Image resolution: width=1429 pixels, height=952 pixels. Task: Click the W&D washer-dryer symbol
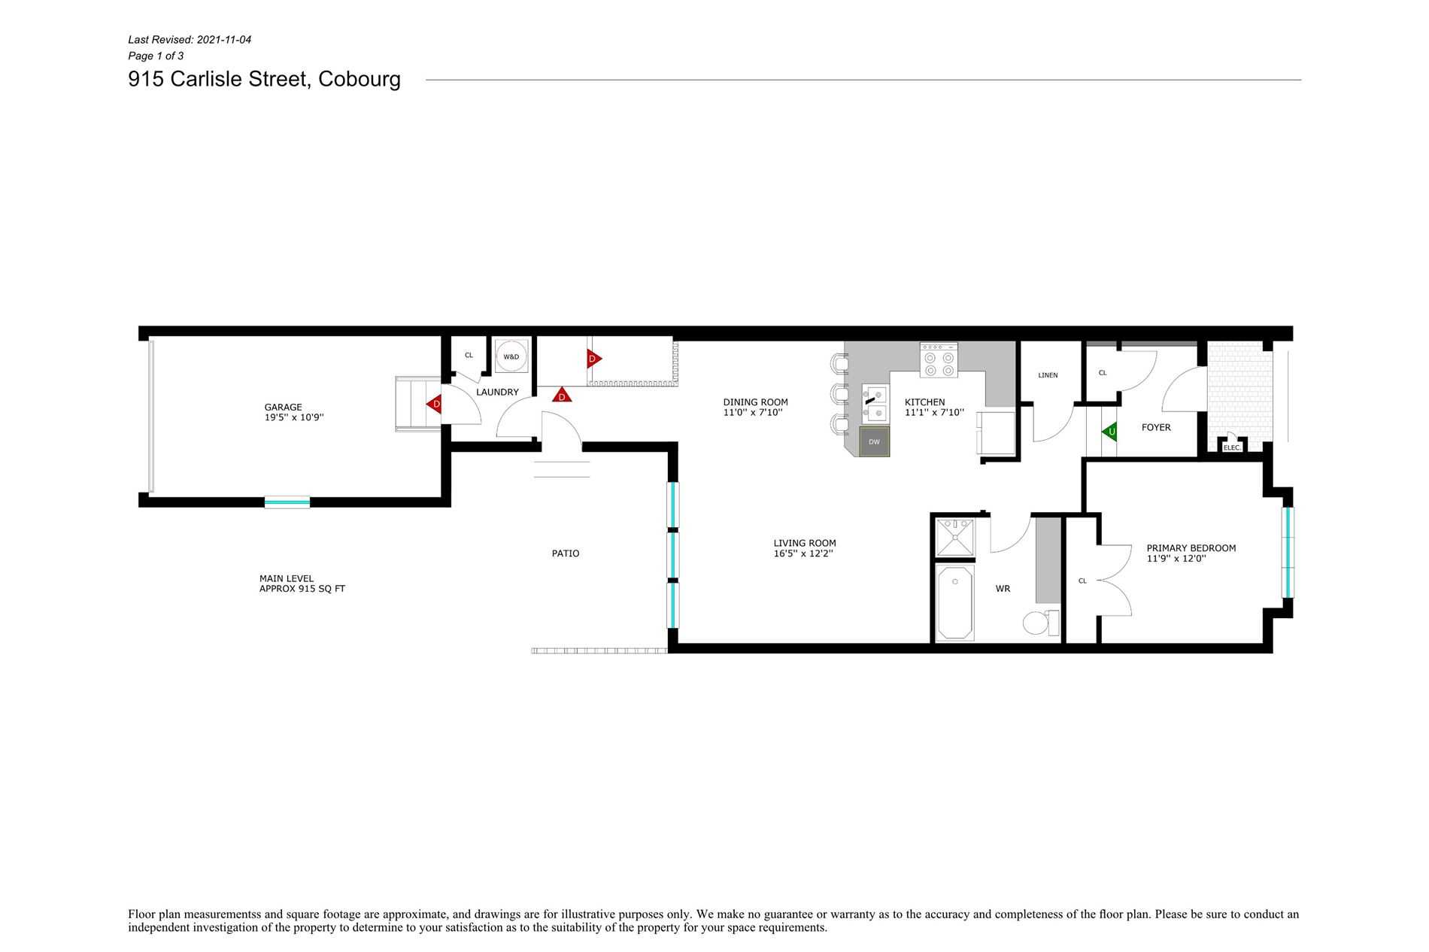[511, 356]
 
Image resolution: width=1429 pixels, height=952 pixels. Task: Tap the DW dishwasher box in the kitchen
[874, 442]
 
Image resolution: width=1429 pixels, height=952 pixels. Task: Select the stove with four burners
[939, 360]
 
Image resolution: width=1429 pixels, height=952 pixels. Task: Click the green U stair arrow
[1109, 432]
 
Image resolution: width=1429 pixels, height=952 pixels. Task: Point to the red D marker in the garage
[434, 405]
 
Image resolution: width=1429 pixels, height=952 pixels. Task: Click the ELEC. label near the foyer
[1232, 447]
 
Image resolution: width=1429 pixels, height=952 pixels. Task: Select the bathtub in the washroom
[955, 604]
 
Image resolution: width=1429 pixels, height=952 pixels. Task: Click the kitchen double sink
[875, 404]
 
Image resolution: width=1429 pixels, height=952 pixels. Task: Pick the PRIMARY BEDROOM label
[1191, 548]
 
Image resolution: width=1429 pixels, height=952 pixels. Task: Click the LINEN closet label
[1048, 375]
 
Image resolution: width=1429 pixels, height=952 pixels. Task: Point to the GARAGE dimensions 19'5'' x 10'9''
[294, 417]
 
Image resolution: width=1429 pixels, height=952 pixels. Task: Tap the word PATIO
[566, 553]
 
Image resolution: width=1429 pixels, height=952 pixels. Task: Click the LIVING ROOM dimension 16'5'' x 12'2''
[802, 553]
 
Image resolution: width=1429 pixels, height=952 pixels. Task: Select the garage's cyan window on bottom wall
[287, 502]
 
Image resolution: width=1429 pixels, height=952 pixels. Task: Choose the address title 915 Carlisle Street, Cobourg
[265, 79]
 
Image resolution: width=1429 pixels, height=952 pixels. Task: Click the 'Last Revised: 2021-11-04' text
[190, 40]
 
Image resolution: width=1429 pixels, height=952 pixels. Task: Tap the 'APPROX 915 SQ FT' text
[302, 589]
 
